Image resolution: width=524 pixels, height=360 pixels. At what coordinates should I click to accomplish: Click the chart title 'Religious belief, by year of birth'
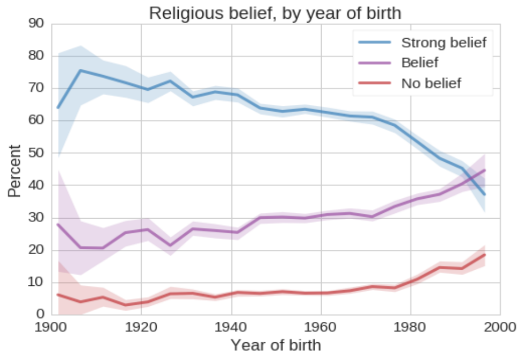(275, 13)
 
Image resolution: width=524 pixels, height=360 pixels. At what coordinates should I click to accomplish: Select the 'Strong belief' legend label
(443, 42)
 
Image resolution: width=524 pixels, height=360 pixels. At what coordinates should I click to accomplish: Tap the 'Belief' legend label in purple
(420, 62)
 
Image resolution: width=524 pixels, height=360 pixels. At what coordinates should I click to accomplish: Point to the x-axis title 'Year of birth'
(275, 344)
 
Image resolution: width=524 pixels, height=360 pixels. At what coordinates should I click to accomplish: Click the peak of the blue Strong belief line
(81, 70)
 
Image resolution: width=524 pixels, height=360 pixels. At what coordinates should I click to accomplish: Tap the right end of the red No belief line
(485, 255)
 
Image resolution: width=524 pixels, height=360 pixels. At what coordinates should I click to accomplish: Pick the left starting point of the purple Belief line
(57, 224)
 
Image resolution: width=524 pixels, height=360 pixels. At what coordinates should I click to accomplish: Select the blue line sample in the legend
(375, 42)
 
